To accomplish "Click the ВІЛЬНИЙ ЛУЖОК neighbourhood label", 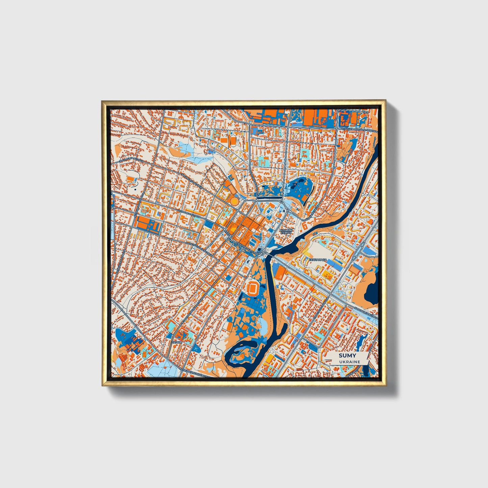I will click(x=285, y=231).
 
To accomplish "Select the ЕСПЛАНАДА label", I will click(x=317, y=259).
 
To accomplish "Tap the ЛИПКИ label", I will click(x=177, y=342).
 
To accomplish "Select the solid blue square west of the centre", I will click(x=154, y=227).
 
